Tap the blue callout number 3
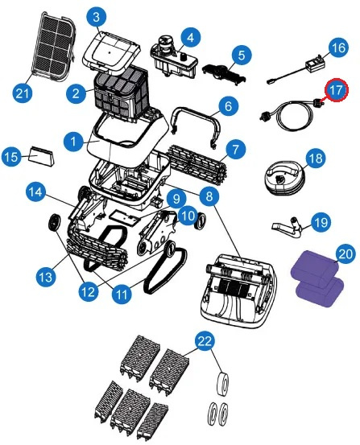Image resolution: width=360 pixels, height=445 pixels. click(97, 16)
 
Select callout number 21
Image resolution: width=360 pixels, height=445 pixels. click(23, 93)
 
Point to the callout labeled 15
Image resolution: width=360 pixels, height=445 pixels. click(11, 157)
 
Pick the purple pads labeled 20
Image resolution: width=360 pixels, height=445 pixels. click(317, 279)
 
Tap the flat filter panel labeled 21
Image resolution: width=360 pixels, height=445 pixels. click(55, 47)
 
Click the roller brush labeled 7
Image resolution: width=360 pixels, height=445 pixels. click(199, 163)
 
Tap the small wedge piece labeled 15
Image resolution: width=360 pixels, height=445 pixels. click(42, 156)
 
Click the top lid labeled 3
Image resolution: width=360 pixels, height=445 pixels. click(111, 51)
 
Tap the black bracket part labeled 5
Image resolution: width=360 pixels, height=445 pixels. click(224, 72)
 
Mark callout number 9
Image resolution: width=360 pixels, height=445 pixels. click(176, 199)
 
